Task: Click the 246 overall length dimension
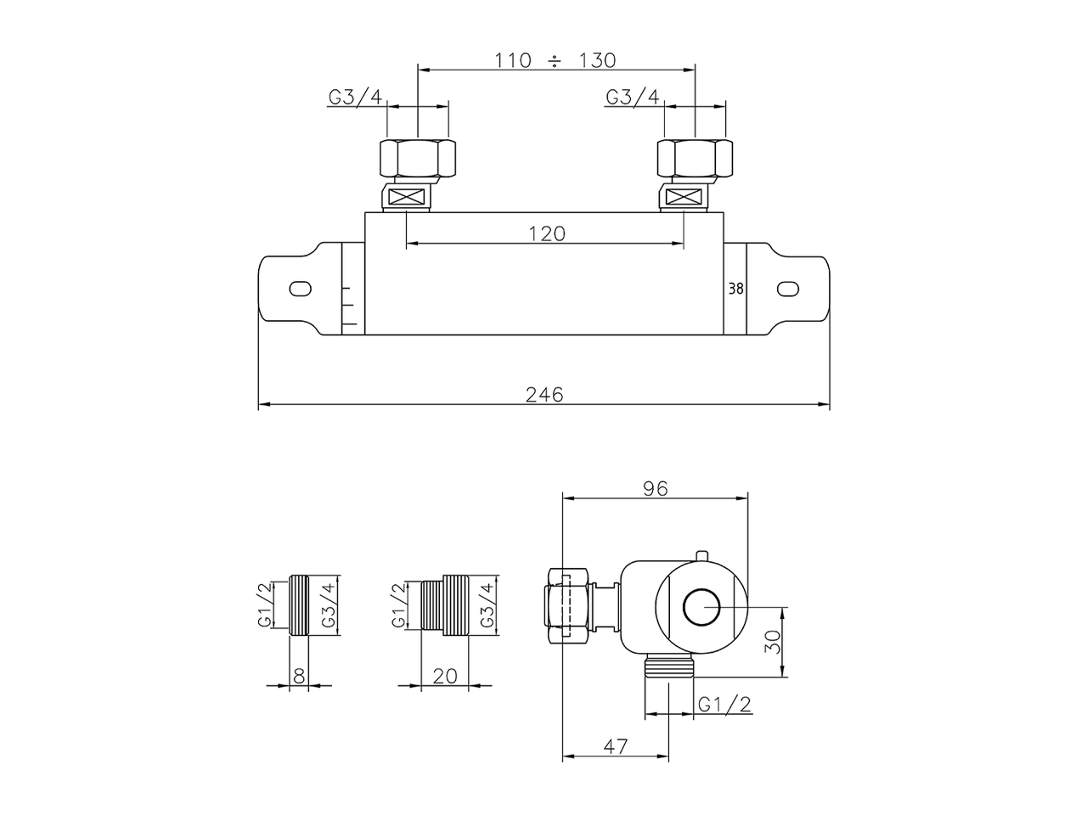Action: coord(544,395)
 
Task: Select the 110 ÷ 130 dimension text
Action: coord(555,60)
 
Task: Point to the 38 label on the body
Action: coord(736,289)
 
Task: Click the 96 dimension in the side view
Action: coord(656,488)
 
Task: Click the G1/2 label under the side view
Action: coord(724,705)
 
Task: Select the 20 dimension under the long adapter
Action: coord(445,676)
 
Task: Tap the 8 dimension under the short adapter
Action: coord(299,676)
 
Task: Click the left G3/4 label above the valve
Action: coord(356,96)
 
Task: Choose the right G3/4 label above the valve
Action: coord(633,96)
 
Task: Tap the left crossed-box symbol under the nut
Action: coord(408,200)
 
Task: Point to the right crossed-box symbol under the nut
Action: coord(684,200)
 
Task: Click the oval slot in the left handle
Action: coord(300,289)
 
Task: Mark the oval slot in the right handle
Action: coord(788,289)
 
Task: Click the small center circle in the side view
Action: coord(701,607)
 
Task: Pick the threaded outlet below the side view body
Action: coord(669,666)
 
